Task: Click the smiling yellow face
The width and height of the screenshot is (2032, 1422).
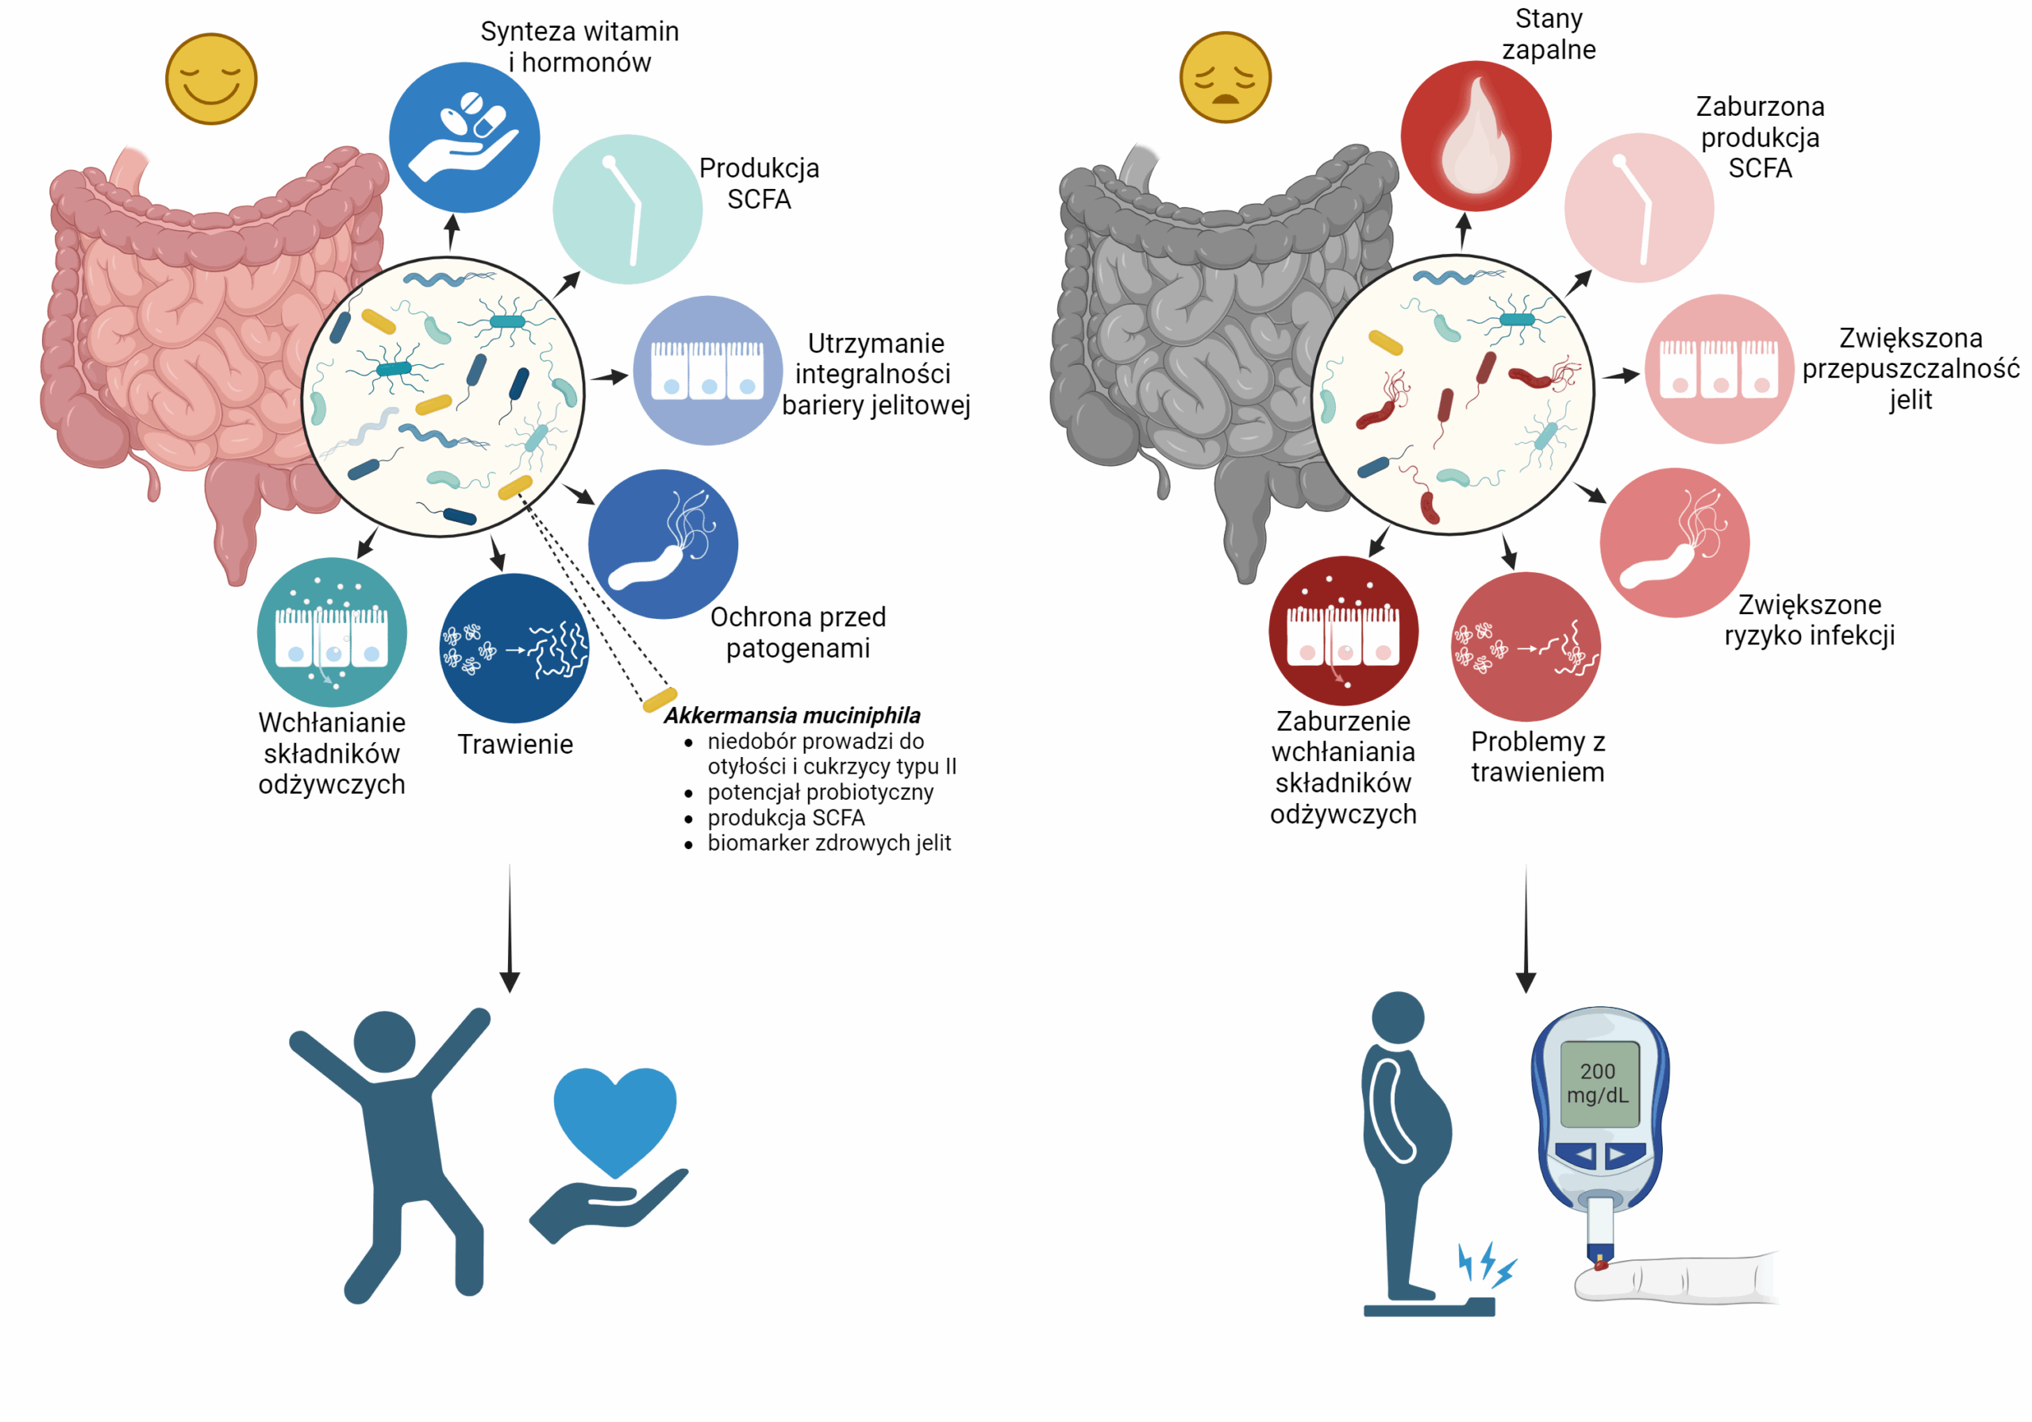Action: (210, 79)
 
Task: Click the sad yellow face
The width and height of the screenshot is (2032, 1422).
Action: (1225, 77)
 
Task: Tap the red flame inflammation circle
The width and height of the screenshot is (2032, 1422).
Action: (1476, 136)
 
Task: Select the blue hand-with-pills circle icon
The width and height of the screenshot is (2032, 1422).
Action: (464, 137)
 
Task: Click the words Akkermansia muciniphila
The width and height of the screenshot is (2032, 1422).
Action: (792, 715)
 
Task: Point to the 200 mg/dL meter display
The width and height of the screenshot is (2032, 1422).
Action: (1598, 1083)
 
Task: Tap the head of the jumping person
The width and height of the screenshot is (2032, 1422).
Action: (384, 1041)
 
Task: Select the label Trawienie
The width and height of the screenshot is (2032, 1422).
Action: (515, 744)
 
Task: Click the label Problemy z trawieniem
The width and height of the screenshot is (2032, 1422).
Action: (1537, 756)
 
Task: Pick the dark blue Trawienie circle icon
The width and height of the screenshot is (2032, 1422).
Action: (514, 648)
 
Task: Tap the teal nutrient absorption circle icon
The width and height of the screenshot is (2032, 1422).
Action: (332, 632)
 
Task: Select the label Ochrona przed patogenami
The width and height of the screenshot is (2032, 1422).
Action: (798, 632)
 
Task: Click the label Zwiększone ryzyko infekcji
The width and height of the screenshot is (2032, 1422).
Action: (1809, 620)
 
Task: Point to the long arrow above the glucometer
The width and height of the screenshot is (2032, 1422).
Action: (1525, 929)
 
